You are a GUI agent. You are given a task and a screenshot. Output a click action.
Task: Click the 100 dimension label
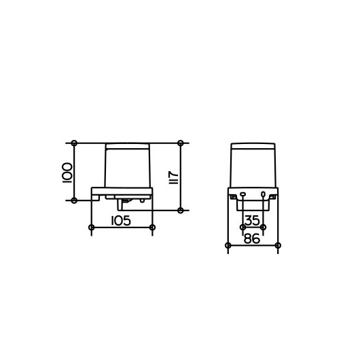[x=67, y=173]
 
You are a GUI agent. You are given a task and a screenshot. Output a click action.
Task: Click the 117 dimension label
[x=174, y=177]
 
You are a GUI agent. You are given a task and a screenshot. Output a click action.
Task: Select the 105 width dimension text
[x=121, y=221]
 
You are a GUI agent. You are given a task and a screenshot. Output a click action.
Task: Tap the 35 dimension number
[x=252, y=220]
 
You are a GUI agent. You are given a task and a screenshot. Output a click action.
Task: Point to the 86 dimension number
[x=251, y=238]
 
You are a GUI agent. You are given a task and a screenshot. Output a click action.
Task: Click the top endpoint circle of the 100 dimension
[x=74, y=143]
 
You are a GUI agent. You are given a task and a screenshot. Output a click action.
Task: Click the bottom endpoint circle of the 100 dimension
[x=74, y=200]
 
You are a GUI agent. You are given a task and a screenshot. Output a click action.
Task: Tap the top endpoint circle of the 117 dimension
[x=181, y=143]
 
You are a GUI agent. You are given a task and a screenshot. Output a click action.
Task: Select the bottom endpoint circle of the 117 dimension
[x=181, y=210]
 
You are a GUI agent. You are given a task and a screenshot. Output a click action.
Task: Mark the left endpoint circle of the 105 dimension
[x=92, y=228]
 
